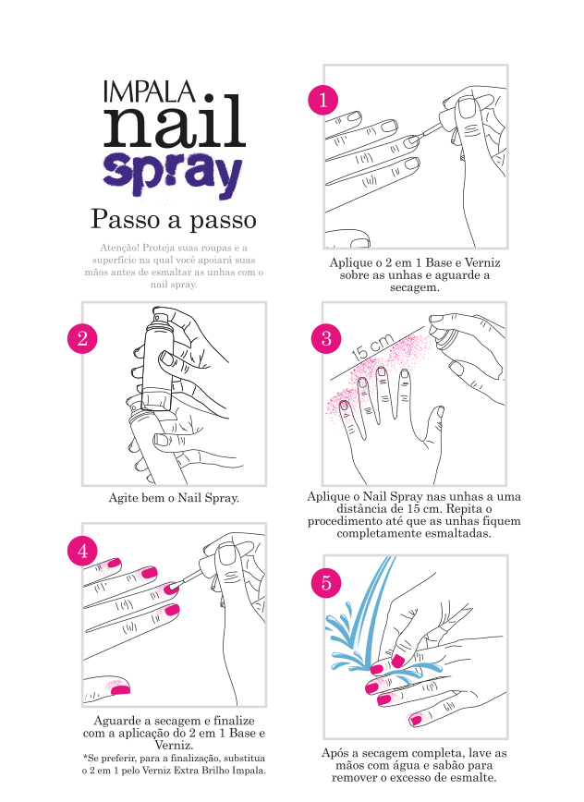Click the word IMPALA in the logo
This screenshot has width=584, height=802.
click(x=149, y=91)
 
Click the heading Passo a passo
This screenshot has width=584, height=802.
click(x=174, y=219)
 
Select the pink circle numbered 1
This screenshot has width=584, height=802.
click(x=322, y=100)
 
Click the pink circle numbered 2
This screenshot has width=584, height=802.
click(x=82, y=338)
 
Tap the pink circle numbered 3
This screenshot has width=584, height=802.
click(x=326, y=338)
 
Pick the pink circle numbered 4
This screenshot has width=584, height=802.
click(x=82, y=552)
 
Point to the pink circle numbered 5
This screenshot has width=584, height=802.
click(x=326, y=583)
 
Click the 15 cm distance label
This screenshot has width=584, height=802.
click(x=372, y=346)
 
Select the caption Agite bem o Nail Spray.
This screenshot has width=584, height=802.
click(x=174, y=498)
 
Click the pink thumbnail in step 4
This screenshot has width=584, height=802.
click(x=120, y=689)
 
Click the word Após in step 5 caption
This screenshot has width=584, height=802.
click(x=335, y=753)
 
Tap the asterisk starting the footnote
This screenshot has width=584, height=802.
click(x=84, y=757)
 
